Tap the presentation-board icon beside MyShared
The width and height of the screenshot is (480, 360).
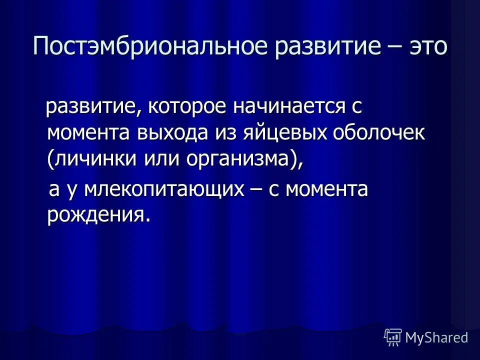tap(393, 337)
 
